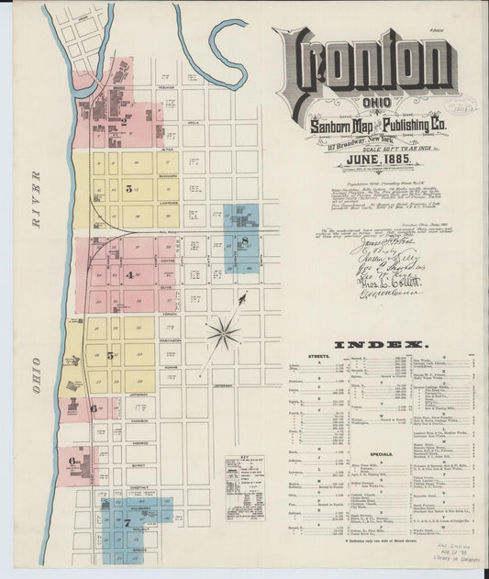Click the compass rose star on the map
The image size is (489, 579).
223,332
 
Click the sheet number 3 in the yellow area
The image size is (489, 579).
129,189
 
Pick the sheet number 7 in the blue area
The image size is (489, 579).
128,521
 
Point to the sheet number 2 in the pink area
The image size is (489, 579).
124,119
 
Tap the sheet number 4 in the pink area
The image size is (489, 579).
129,274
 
